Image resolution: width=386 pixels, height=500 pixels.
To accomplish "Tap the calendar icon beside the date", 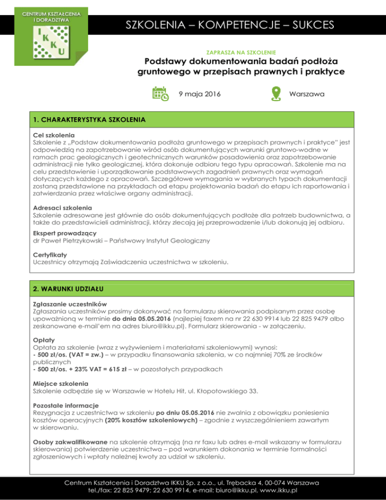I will (161, 94).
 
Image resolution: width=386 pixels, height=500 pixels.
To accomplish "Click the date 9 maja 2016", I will (200, 94).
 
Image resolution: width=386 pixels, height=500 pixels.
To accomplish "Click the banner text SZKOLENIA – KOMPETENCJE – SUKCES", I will (229, 25).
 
